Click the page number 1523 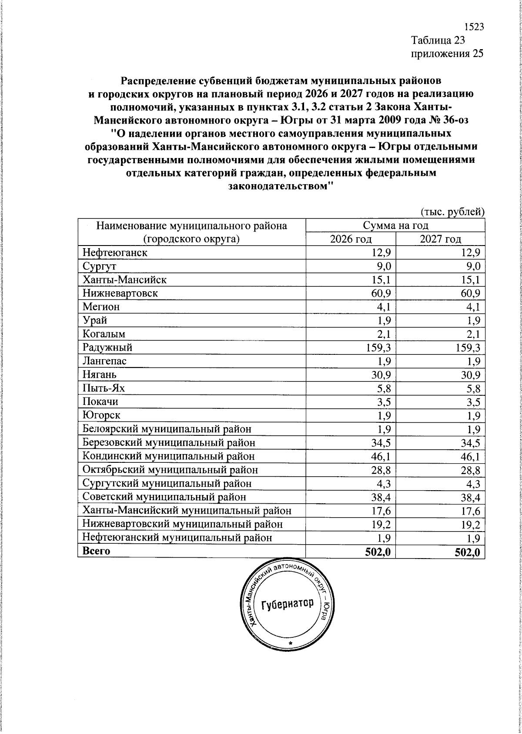click(474, 27)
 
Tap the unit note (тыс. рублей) click(452, 212)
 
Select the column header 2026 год click(351, 239)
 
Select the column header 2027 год click(440, 239)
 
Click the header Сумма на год click(395, 226)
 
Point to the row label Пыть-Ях click(104, 388)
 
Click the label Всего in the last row click(96, 551)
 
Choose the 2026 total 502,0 click(378, 552)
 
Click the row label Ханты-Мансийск click(125, 279)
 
